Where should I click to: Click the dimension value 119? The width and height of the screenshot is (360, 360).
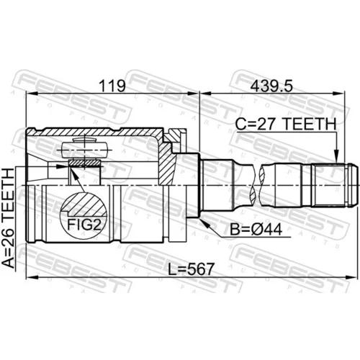112,86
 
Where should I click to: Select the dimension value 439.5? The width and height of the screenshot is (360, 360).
271,86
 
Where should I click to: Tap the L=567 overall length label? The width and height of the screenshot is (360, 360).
191,269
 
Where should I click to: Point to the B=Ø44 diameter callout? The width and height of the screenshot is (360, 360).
256,230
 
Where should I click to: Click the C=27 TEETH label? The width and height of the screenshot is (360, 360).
286,124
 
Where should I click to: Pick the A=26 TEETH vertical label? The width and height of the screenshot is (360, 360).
9,218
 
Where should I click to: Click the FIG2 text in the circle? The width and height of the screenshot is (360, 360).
84,225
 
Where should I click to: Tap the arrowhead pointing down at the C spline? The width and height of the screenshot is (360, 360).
337,157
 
